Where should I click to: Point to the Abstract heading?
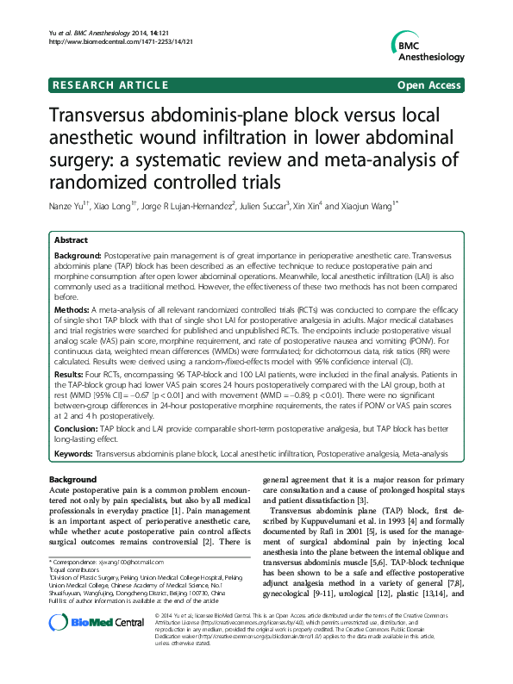coord(71,240)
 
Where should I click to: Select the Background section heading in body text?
coord(72,479)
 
